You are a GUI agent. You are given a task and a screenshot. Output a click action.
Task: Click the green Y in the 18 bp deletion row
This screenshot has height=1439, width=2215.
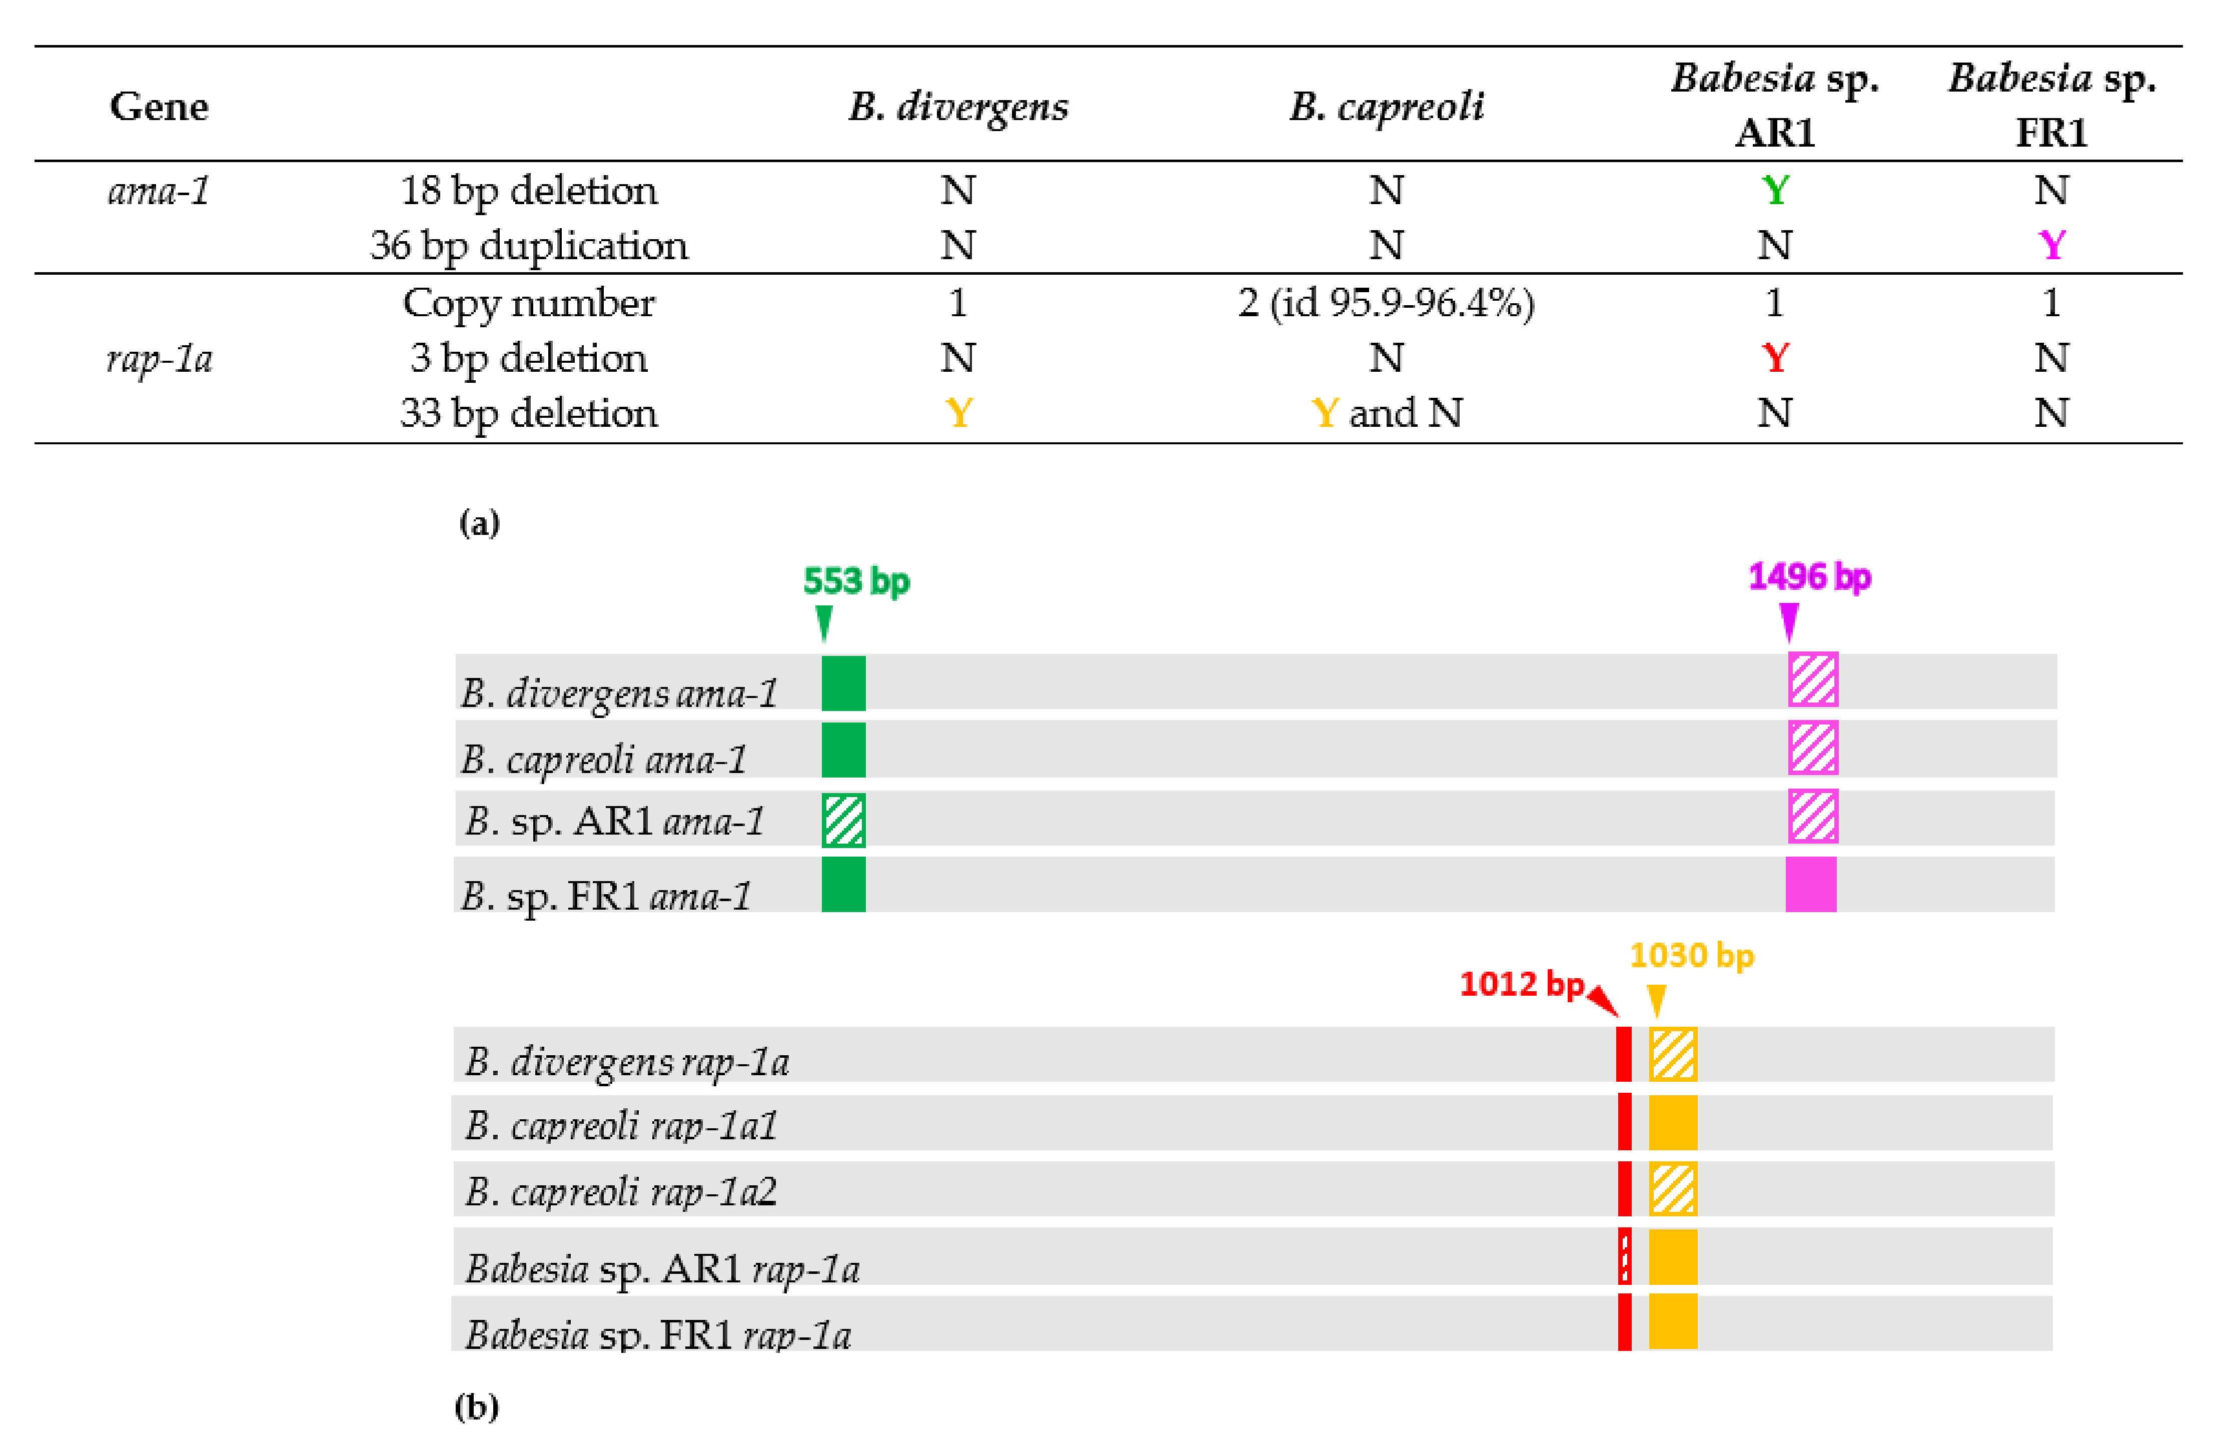(x=1775, y=191)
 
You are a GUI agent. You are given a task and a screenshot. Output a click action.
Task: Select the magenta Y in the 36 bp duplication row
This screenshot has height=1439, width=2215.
(x=2051, y=246)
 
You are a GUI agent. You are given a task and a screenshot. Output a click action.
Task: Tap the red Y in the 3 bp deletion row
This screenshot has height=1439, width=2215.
(x=1775, y=358)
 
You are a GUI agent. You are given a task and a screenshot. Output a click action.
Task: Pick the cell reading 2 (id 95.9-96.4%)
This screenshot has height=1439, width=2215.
(x=1386, y=303)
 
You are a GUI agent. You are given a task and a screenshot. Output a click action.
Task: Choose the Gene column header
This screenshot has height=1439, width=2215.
(x=159, y=107)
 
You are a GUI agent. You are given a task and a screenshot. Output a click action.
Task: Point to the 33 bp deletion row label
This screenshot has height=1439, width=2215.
(x=529, y=413)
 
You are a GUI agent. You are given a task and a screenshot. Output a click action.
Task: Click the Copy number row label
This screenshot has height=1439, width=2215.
(x=529, y=303)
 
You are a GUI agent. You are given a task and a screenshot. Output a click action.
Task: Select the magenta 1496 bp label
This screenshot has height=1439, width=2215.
(x=1809, y=577)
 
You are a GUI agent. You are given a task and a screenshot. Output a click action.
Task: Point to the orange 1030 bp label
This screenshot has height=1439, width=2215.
(x=1691, y=956)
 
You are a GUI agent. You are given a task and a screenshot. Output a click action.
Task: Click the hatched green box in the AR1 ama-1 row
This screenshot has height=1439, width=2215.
(x=843, y=820)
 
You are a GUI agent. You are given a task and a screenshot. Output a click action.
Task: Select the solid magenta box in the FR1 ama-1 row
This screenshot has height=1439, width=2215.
(x=1810, y=884)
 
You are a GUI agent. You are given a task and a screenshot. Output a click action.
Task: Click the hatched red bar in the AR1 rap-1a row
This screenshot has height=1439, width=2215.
(x=1624, y=1256)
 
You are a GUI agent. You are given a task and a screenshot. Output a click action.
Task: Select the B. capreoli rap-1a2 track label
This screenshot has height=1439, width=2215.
(x=621, y=1191)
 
